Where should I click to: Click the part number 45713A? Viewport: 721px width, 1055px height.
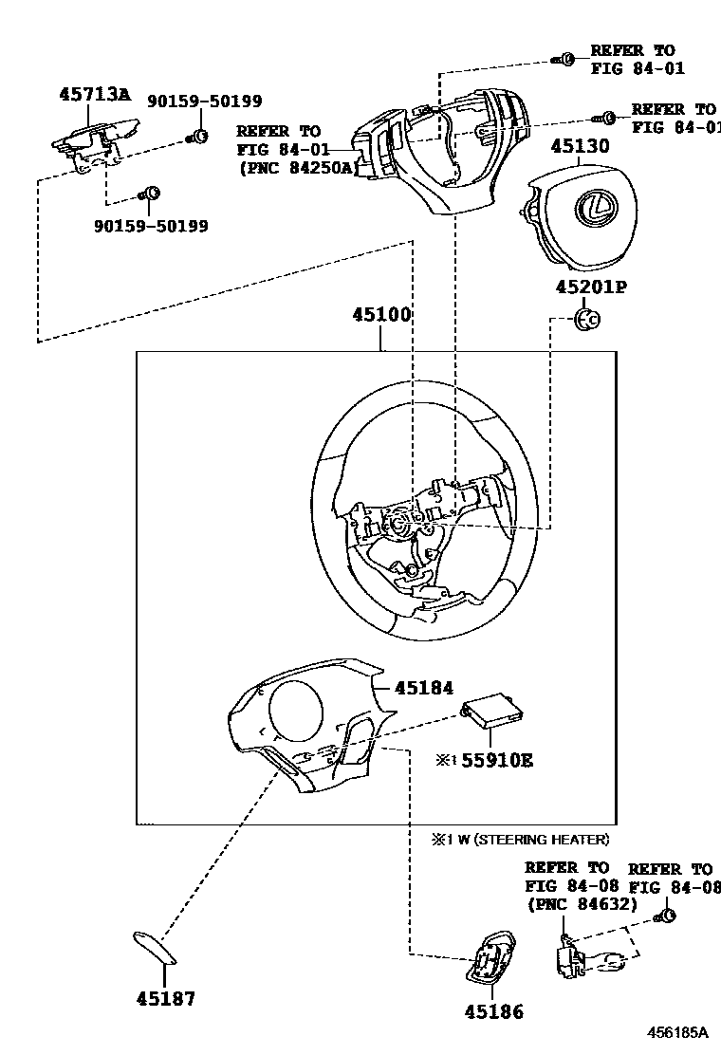point(93,94)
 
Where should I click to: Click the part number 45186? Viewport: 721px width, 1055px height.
point(493,1012)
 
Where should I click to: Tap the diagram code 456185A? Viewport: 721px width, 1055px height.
point(678,1032)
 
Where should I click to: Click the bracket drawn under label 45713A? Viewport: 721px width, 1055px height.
point(95,143)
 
